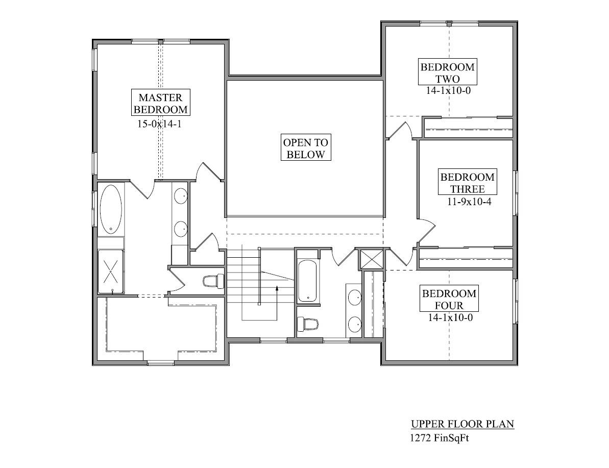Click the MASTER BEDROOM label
click(160, 103)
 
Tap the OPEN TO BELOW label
click(306, 148)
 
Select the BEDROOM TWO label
click(447, 72)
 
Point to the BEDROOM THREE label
click(467, 183)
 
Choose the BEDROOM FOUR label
click(449, 299)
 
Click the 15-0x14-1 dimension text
click(159, 124)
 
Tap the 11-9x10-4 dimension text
click(469, 202)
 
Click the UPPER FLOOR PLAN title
click(462, 424)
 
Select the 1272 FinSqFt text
click(440, 438)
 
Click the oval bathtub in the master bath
click(111, 209)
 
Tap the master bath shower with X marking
click(111, 272)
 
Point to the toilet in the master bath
click(213, 281)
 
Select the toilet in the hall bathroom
click(307, 324)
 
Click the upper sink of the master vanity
click(181, 196)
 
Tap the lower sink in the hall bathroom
click(354, 324)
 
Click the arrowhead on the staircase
click(277, 288)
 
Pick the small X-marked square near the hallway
click(371, 259)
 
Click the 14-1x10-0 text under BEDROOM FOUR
click(450, 317)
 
